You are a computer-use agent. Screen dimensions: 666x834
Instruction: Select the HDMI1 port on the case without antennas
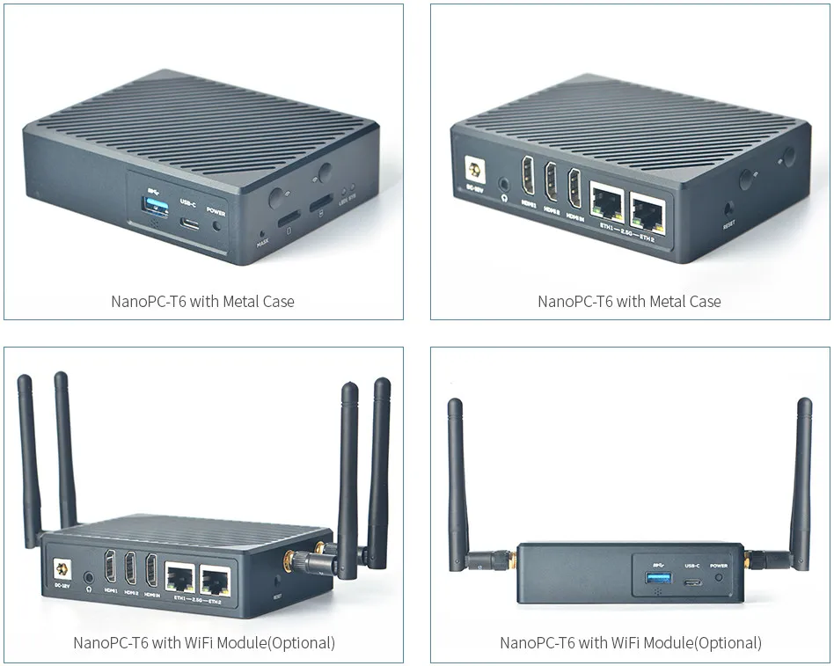528,179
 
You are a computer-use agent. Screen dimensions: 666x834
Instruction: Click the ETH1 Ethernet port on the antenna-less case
608,205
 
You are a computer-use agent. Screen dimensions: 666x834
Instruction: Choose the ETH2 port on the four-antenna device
216,581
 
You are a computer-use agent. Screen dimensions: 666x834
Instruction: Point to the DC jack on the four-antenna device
62,571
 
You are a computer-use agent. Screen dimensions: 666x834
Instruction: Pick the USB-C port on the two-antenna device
692,582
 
